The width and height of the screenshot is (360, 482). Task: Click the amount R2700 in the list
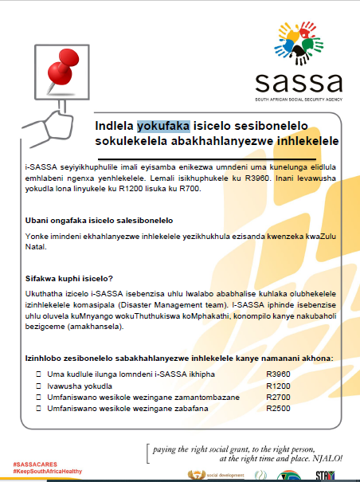pyautogui.click(x=277, y=397)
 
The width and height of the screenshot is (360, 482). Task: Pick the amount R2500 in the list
pyautogui.click(x=277, y=409)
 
